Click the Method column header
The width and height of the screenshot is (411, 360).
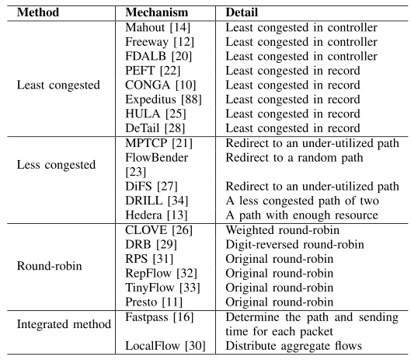(38, 12)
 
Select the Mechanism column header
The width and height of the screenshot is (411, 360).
(157, 12)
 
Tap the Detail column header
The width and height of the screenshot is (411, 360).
(242, 12)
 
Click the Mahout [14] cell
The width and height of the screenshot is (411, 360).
(158, 27)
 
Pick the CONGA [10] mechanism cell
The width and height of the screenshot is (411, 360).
(161, 85)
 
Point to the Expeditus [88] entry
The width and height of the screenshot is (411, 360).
(164, 100)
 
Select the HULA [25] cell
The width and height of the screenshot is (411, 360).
(155, 114)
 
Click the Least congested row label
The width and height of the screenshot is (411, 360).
(58, 85)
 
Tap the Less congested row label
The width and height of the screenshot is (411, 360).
(56, 165)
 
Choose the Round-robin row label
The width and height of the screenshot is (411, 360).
(50, 266)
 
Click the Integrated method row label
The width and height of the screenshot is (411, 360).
(64, 324)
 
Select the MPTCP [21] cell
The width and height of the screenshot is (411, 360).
(158, 143)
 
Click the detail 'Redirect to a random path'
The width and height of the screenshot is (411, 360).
(294, 158)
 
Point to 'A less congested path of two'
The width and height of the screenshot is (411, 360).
(302, 201)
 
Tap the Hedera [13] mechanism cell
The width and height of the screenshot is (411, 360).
(156, 215)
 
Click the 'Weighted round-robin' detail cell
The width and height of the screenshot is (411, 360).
(283, 230)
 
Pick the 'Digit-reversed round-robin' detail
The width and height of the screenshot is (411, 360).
(295, 245)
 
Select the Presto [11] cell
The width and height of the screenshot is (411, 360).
(154, 302)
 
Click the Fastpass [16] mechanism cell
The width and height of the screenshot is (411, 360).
(159, 317)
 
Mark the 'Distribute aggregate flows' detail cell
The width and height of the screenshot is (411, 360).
(294, 346)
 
